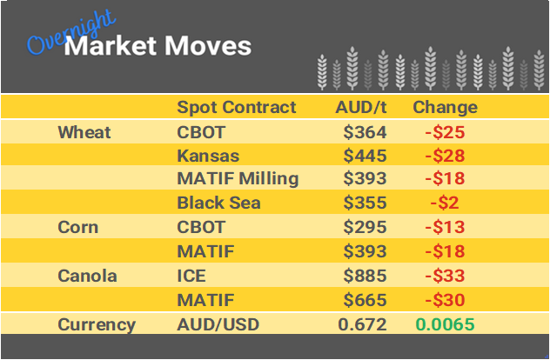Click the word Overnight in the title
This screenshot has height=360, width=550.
tap(60, 34)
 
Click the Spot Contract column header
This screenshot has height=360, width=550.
tap(236, 108)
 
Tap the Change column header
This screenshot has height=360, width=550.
tap(445, 108)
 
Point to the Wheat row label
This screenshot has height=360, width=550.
tap(84, 132)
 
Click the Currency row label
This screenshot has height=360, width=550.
tap(97, 324)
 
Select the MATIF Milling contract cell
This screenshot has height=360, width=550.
tap(238, 179)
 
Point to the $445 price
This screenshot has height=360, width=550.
tap(365, 156)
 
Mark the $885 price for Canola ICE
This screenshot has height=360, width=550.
tap(365, 277)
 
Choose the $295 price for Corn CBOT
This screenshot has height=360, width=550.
tap(365, 228)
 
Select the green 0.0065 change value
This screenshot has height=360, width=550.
tap(445, 324)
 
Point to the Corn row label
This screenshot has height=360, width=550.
tap(79, 228)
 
